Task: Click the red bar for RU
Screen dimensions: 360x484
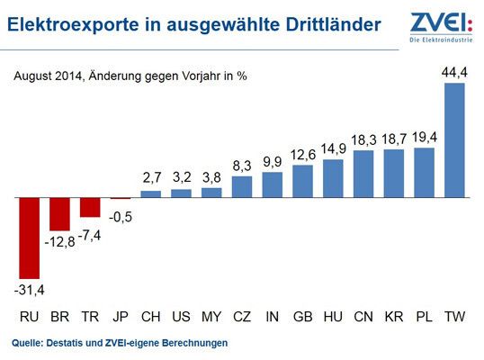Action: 29,237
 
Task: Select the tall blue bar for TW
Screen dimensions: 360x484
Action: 455,139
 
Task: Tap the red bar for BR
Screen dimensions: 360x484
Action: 59,213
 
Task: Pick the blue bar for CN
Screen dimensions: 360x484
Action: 363,173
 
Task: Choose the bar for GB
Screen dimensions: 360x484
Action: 303,180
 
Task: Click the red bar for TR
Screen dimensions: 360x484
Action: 90,206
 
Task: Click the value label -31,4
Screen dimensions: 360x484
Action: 29,290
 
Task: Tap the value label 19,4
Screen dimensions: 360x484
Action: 425,138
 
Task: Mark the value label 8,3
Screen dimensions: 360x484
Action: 242,166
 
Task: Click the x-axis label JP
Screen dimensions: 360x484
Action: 121,317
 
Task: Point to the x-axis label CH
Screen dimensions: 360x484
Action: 151,317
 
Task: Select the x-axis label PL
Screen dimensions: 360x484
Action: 425,317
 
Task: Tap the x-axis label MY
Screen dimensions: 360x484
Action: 211,317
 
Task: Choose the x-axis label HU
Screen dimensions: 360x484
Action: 333,317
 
